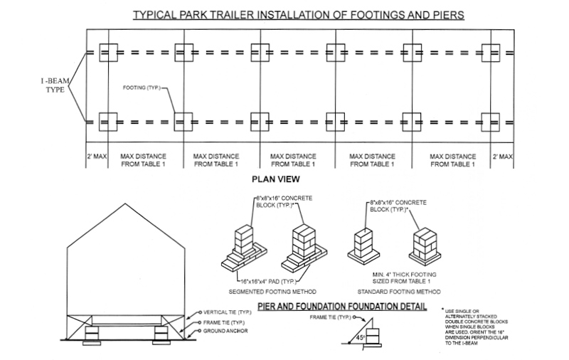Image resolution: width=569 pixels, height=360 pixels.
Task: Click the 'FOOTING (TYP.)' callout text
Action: tap(141, 89)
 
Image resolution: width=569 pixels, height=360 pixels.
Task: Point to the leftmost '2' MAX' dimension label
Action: tap(97, 155)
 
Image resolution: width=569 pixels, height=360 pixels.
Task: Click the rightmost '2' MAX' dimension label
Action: tap(501, 155)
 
